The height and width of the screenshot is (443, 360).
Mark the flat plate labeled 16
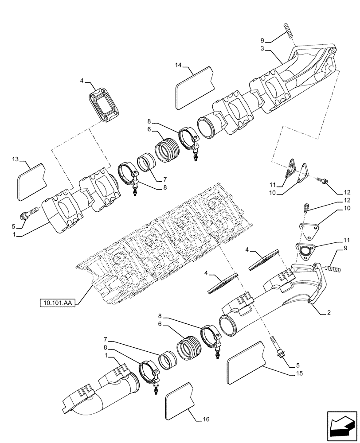pyautogui.click(x=180, y=401)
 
